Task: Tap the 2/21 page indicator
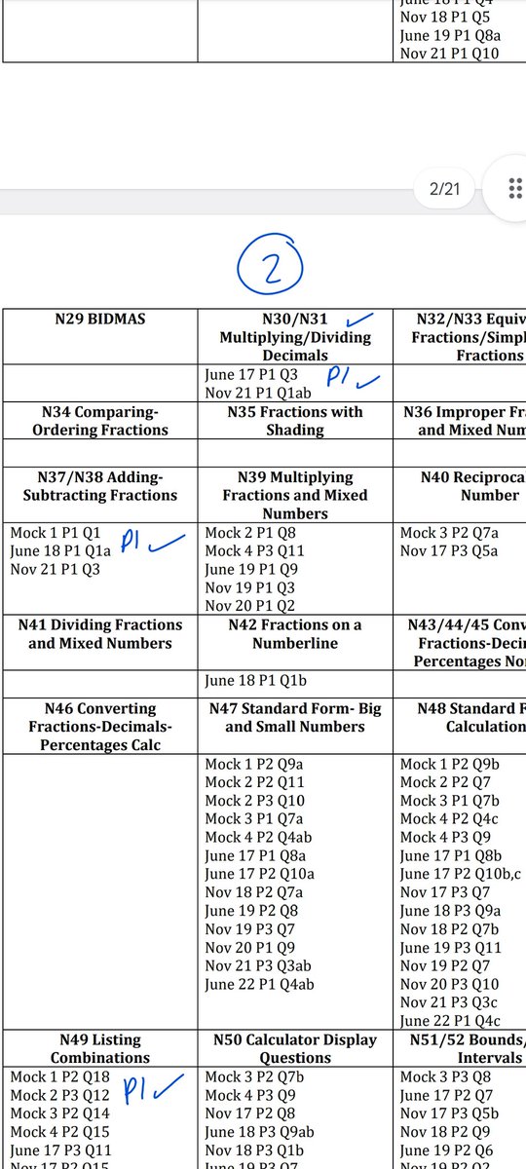[x=444, y=189]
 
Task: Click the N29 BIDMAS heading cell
[x=100, y=319]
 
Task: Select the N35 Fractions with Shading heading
[x=295, y=420]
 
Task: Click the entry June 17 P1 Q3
[x=251, y=374]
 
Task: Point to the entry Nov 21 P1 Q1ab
[x=260, y=393]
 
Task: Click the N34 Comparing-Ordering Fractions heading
[x=100, y=420]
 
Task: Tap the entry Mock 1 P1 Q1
[x=56, y=533]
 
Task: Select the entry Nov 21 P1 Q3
[x=56, y=570]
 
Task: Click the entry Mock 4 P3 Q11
[x=255, y=551]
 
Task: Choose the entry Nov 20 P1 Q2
[x=249, y=606]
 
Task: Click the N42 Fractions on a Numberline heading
[x=295, y=634]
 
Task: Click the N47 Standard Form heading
[x=295, y=718]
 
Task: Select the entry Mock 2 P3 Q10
[x=255, y=801]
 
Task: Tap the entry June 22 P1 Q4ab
[x=258, y=985]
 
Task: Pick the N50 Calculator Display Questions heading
[x=295, y=1049]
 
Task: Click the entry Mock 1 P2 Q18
[x=60, y=1076]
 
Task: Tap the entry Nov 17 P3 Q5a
[x=449, y=551]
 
